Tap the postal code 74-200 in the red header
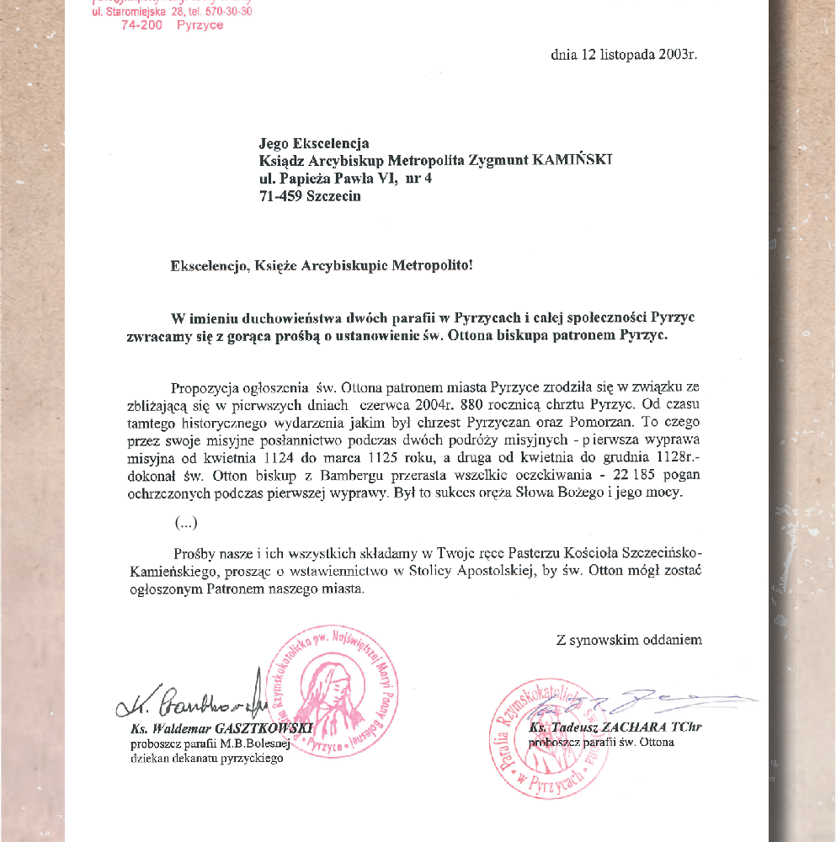(141, 25)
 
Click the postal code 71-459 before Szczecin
(283, 196)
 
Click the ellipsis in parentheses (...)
(186, 523)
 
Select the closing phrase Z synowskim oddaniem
(629, 640)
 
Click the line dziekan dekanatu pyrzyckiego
(206, 758)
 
